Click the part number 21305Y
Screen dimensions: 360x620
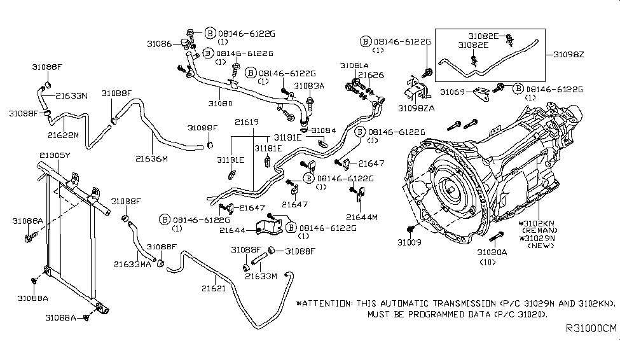(55, 155)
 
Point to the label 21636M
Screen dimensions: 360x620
(151, 158)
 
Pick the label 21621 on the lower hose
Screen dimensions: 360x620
(214, 289)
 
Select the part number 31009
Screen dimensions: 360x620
(409, 242)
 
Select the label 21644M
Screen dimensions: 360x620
(362, 217)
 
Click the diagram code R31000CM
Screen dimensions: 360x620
(591, 347)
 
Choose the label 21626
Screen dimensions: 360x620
(371, 74)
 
